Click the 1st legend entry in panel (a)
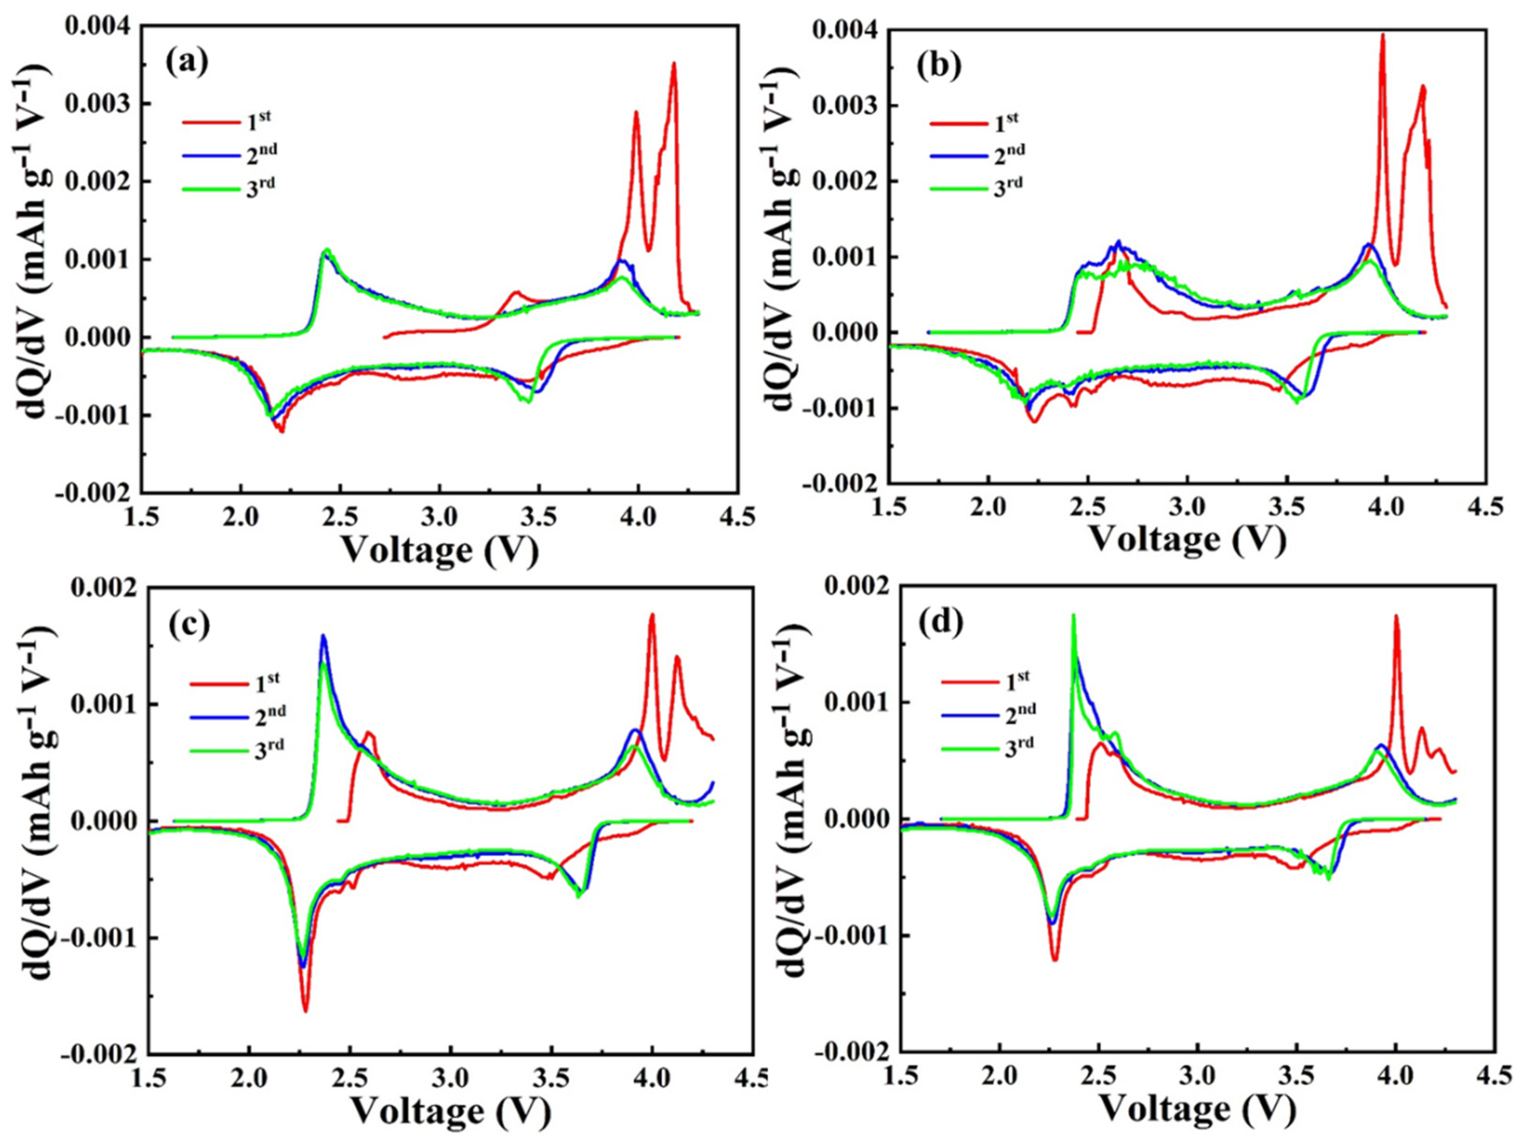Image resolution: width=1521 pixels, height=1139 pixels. click(227, 121)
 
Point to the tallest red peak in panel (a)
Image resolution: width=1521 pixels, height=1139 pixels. click(674, 64)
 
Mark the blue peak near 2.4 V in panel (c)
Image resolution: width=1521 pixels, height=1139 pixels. click(323, 636)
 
